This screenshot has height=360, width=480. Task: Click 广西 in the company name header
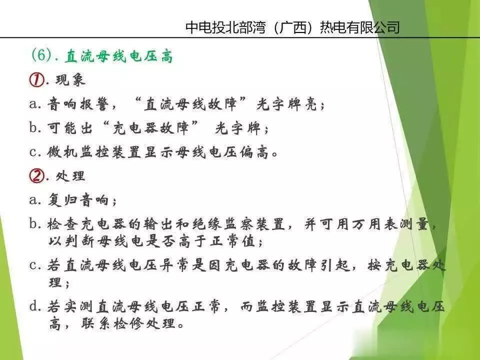(292, 27)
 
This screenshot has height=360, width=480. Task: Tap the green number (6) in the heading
(41, 55)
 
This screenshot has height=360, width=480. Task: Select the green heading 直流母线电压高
(119, 56)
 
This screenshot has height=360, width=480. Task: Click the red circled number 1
(36, 80)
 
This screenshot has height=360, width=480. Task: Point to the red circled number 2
(36, 175)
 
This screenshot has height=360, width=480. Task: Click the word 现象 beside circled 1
(70, 80)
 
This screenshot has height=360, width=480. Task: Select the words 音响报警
(78, 104)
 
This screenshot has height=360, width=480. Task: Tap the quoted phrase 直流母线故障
(190, 104)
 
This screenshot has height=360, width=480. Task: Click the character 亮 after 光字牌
(310, 104)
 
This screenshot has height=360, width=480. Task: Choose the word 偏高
(254, 152)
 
